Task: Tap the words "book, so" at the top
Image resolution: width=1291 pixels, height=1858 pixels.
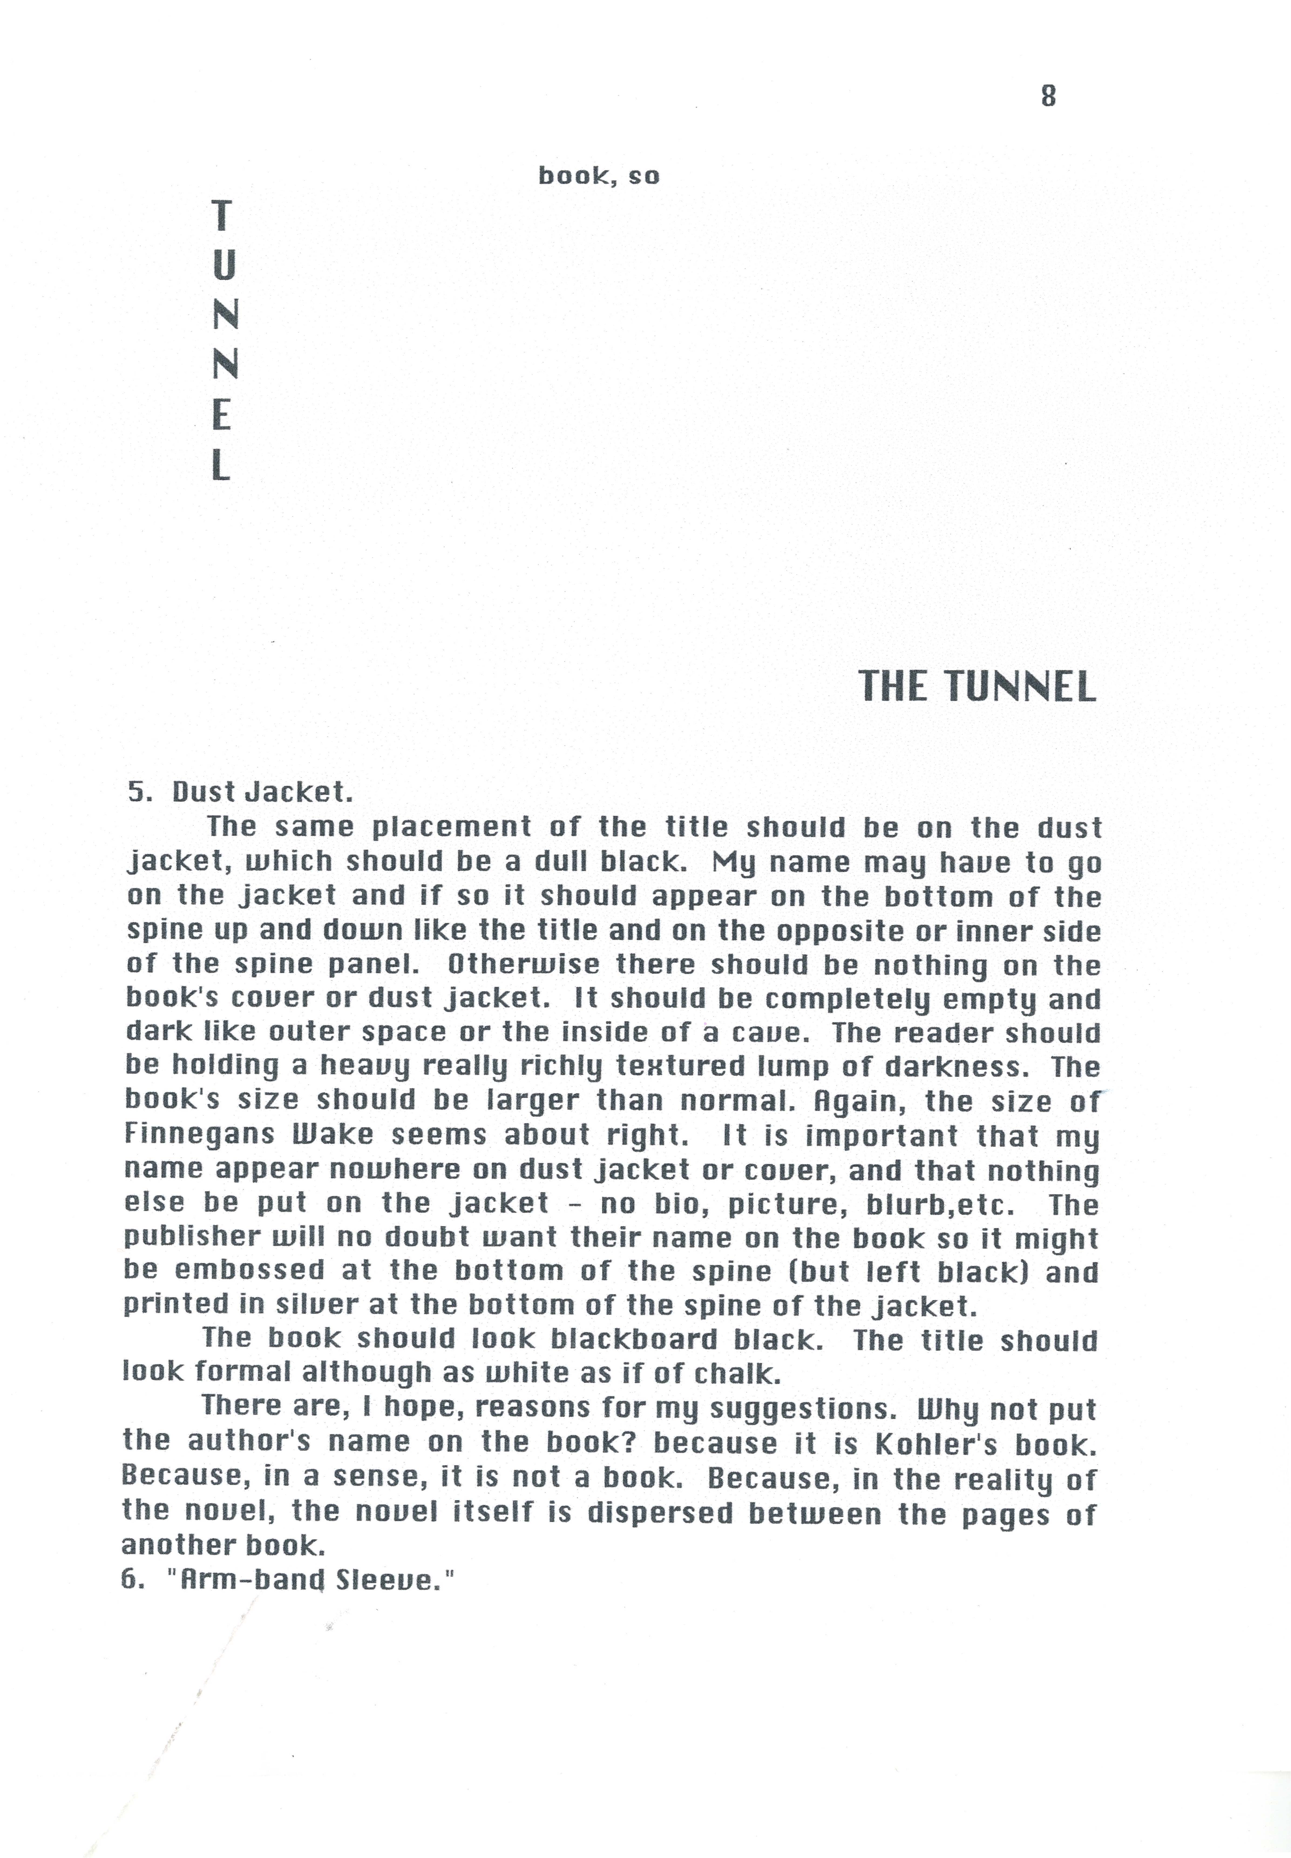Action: (x=599, y=175)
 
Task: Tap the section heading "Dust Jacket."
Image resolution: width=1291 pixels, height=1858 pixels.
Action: (x=262, y=792)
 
